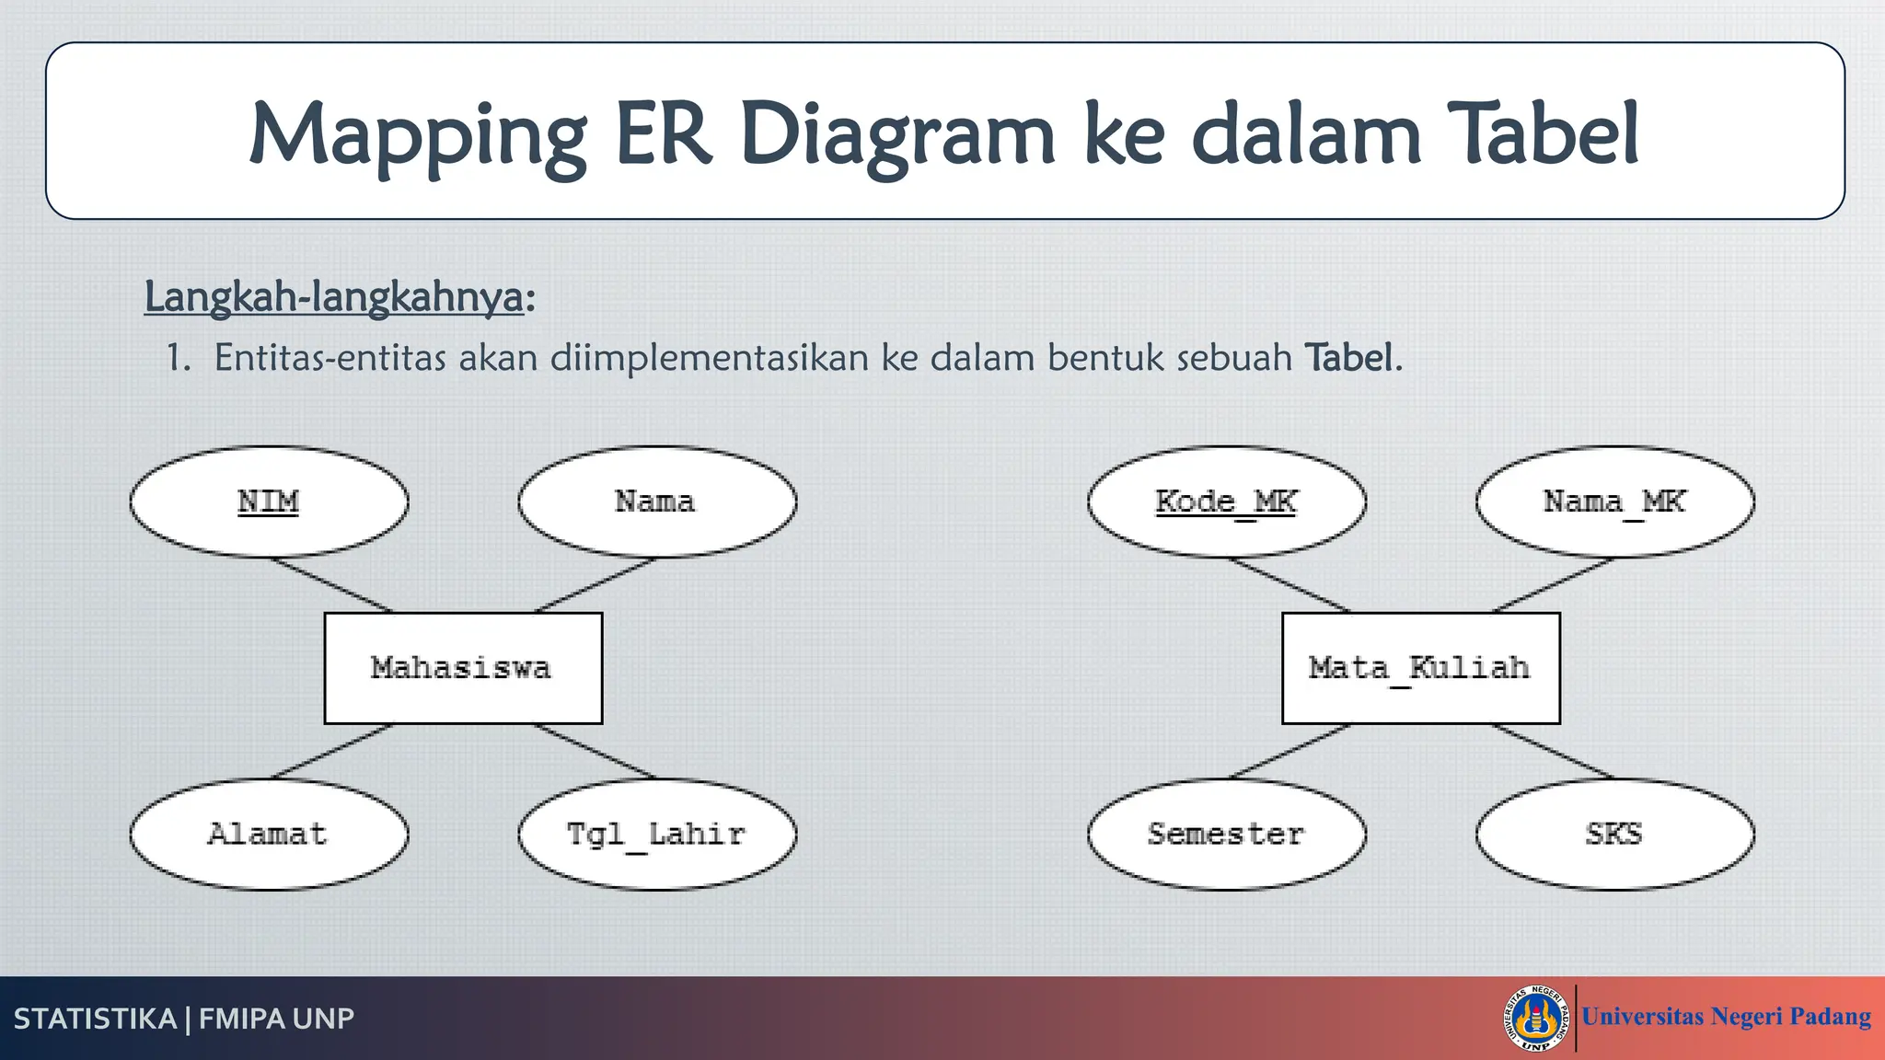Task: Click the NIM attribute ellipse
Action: click(x=269, y=501)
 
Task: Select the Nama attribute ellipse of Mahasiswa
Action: click(x=657, y=501)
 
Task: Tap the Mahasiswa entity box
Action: click(x=463, y=668)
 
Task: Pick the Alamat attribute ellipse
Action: click(x=269, y=835)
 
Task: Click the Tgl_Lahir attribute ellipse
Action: click(x=657, y=835)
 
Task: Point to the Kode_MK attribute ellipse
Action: click(x=1226, y=501)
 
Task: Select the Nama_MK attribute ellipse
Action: click(x=1614, y=501)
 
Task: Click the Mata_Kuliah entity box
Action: click(x=1420, y=668)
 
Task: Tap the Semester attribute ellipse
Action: click(x=1226, y=835)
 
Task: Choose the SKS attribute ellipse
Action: click(x=1614, y=835)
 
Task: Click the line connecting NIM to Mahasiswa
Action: click(x=330, y=584)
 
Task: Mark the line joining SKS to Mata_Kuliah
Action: click(x=1554, y=751)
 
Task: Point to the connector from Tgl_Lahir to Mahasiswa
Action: click(x=596, y=751)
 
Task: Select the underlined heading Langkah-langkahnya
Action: click(x=334, y=297)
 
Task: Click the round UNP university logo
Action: click(x=1536, y=1018)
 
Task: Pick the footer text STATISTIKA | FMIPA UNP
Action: click(x=184, y=1019)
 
